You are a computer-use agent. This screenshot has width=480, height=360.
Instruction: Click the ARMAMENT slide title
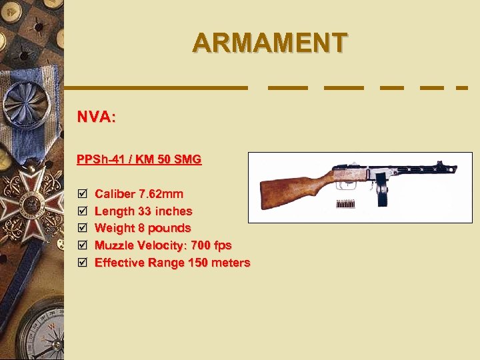pos(269,43)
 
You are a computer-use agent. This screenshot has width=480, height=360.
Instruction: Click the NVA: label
pos(96,117)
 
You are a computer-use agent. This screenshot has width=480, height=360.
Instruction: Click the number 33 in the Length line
pos(143,211)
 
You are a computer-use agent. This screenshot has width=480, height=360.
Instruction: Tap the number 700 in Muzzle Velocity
pos(199,245)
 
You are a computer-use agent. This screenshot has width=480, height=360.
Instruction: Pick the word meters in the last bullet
pos(231,263)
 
